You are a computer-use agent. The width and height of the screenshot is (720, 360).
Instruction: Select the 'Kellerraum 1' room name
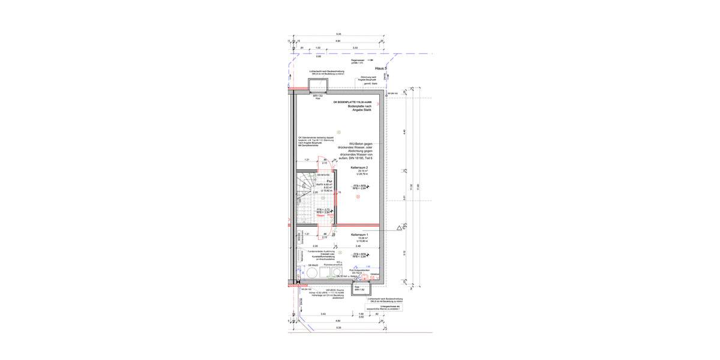coord(360,235)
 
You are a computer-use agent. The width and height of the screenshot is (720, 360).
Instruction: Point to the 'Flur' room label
coord(329,181)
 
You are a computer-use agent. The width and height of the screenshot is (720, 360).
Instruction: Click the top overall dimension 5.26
coord(338,34)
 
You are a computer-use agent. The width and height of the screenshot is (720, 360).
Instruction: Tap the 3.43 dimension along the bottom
coord(323,314)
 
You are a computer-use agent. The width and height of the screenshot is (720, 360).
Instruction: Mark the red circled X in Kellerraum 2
coord(358,196)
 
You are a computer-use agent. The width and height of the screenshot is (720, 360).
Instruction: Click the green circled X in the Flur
coord(323,197)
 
